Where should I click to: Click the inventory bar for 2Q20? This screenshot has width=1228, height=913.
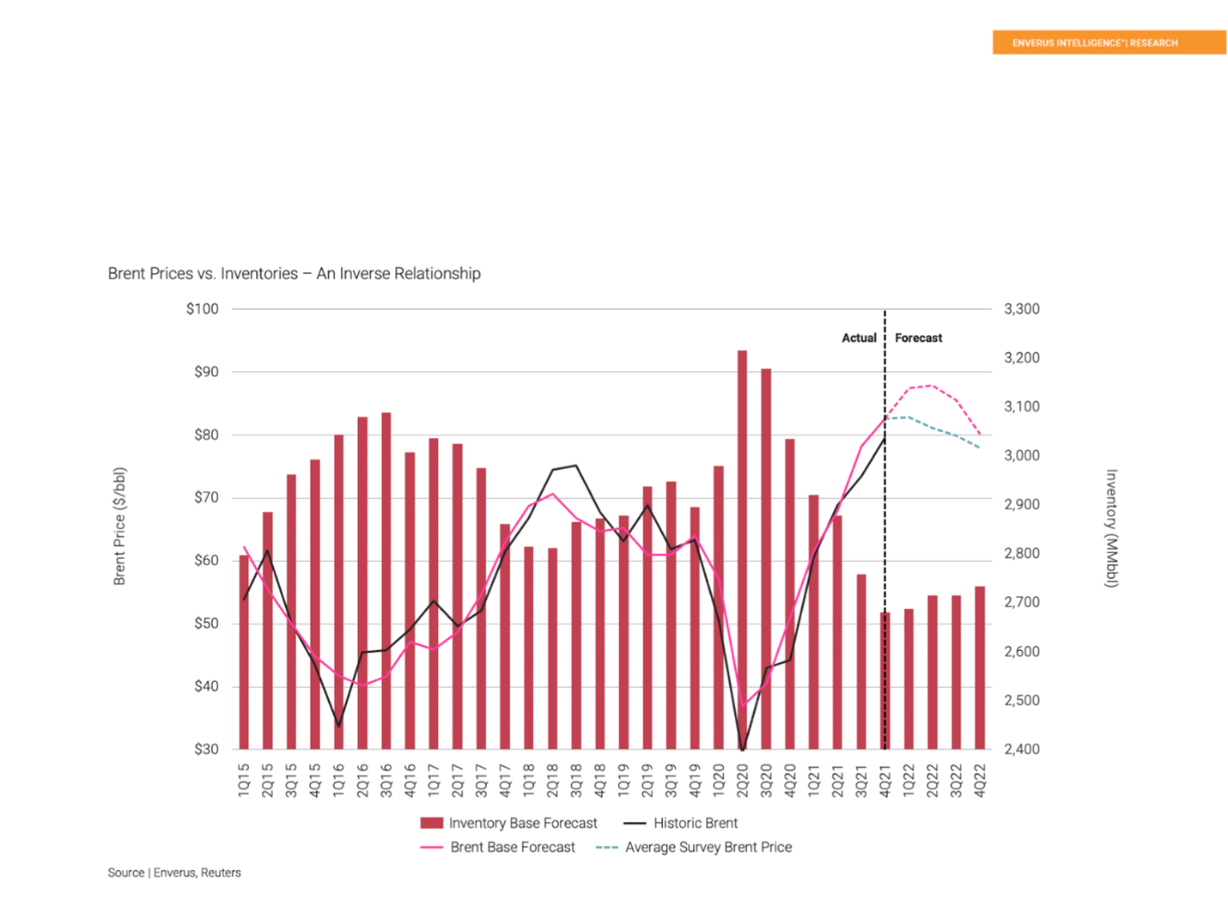coord(742,550)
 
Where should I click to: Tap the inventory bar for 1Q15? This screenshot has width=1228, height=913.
coord(244,652)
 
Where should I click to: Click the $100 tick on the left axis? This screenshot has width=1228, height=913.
coord(202,309)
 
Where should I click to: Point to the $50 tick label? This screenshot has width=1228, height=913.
coord(206,624)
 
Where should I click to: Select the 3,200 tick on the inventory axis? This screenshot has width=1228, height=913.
coord(1021,358)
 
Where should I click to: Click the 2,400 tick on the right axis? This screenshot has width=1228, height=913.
coord(1021,749)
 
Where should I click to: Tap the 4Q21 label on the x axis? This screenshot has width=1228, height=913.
coord(885,780)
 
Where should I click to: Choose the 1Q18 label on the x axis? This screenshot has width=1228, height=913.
coord(529,780)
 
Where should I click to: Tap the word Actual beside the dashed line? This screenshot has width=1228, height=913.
coord(859,338)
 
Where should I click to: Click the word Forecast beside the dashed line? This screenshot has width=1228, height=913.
coord(918,338)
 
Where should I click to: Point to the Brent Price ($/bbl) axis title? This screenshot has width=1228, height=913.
coord(119,526)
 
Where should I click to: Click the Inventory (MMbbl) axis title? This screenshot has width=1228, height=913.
coord(1111,528)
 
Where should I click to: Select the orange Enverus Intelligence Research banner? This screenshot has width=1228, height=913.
coord(1109,42)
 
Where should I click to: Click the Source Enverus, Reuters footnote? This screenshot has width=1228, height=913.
coord(174,873)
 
